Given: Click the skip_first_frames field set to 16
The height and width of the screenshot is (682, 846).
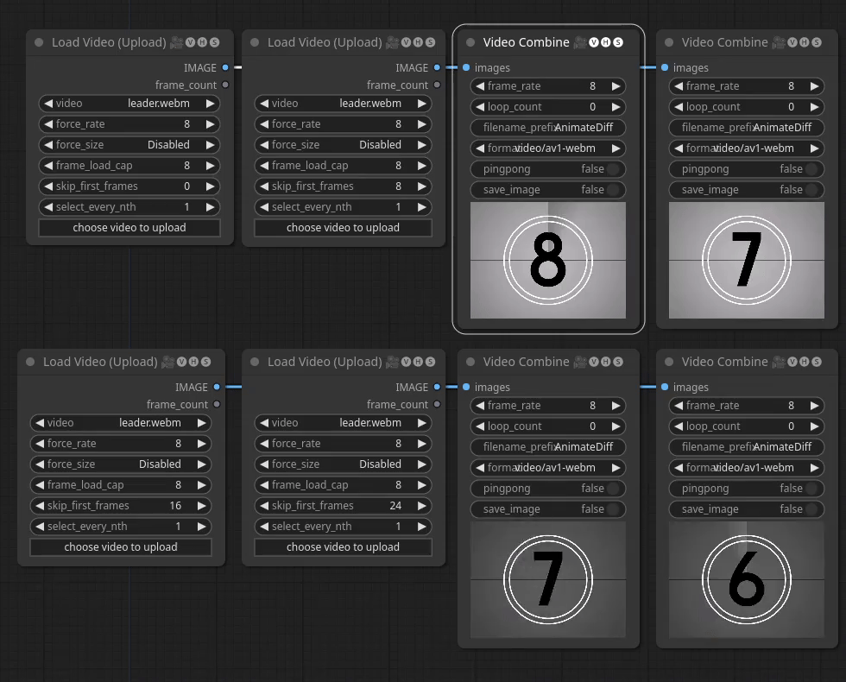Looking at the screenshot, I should click(121, 506).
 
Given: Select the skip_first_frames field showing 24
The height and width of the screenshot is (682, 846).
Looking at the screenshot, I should click(343, 506).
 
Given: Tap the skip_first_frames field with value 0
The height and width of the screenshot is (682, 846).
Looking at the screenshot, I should click(129, 186).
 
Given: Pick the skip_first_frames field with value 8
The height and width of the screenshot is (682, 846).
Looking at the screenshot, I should click(343, 186).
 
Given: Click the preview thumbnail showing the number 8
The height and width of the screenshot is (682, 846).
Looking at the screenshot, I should click(548, 260).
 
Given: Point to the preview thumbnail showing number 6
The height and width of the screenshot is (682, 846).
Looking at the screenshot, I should click(747, 579).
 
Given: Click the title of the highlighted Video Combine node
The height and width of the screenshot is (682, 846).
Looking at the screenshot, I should click(526, 42).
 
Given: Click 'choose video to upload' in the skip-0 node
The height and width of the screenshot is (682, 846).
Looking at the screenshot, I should click(129, 228).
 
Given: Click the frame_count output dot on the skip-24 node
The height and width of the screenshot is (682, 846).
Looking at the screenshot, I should click(437, 404).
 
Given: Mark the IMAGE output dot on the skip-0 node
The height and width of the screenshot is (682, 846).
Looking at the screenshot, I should click(225, 67).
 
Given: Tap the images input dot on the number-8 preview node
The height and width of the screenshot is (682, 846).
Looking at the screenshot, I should click(466, 67).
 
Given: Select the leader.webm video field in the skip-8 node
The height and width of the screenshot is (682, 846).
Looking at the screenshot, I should click(343, 104).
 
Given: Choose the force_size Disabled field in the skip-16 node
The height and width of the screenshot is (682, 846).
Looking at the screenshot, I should click(121, 464).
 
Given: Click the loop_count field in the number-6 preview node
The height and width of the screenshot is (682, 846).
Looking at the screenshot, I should click(747, 426).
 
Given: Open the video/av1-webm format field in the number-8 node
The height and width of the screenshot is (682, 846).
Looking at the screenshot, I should click(548, 148).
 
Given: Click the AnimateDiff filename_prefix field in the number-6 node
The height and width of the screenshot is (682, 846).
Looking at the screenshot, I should click(747, 447).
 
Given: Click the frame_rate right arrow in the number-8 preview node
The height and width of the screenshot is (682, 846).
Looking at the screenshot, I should click(616, 86).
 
